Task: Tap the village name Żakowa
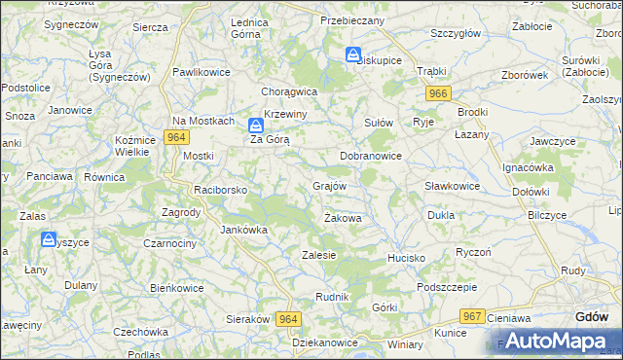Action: click(x=343, y=218)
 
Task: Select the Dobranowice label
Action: click(x=371, y=155)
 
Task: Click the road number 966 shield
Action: click(x=438, y=92)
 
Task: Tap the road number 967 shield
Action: click(x=473, y=316)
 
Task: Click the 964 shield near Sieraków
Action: click(x=288, y=319)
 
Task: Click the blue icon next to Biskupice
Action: click(x=353, y=54)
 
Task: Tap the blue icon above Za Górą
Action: click(x=255, y=126)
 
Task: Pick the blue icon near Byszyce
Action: click(x=48, y=238)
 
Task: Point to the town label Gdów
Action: click(x=592, y=316)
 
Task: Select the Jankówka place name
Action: click(x=243, y=230)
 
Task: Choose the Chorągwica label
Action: click(x=289, y=91)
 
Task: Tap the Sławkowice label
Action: click(x=453, y=186)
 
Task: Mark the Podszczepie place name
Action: click(x=447, y=287)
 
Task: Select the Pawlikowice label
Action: click(x=202, y=72)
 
